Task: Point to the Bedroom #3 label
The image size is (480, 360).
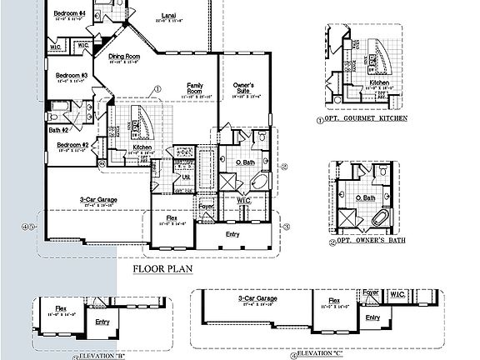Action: click(x=72, y=75)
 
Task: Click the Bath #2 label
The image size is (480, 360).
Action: click(x=57, y=129)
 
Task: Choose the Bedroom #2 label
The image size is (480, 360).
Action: click(x=72, y=144)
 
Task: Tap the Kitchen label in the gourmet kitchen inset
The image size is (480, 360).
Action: click(x=379, y=82)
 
